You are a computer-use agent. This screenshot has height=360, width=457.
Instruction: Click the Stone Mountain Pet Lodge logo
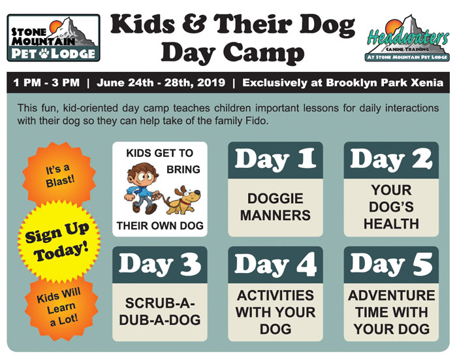(x=54, y=38)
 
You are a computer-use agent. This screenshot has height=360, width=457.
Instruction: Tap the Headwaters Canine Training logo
(x=407, y=38)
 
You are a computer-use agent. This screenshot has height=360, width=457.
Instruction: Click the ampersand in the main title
(x=195, y=24)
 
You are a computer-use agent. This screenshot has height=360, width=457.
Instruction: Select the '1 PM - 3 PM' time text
(x=46, y=82)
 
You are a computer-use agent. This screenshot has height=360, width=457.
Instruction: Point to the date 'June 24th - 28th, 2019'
(x=161, y=82)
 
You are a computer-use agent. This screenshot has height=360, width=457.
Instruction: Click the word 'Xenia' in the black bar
(x=427, y=82)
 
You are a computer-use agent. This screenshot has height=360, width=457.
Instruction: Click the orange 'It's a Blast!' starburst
(x=59, y=174)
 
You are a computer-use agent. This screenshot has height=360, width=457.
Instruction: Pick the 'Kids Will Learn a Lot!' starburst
(x=60, y=308)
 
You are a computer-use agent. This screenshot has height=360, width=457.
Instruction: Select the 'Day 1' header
(x=276, y=160)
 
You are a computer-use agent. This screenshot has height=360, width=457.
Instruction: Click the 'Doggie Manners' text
(x=276, y=207)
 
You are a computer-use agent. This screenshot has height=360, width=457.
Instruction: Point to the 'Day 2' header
(x=391, y=160)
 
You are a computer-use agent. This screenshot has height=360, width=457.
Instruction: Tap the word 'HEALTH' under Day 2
(x=391, y=223)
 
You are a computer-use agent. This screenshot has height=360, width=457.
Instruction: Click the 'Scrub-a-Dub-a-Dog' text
(x=160, y=312)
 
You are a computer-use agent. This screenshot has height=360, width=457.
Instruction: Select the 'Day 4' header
(x=276, y=265)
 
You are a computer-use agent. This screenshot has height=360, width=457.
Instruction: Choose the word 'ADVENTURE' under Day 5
(x=392, y=295)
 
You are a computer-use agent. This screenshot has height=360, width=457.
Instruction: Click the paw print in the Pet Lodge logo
(x=44, y=53)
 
